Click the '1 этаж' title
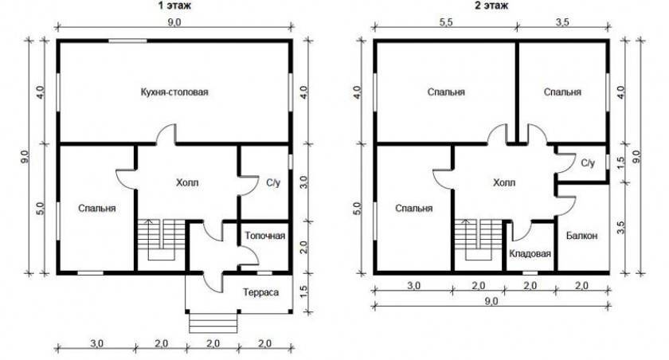point(174,5)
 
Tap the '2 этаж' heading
point(492,5)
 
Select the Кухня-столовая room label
point(174,92)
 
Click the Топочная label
point(265,236)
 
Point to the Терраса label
point(260,292)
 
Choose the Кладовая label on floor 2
point(530,254)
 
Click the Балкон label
point(582,236)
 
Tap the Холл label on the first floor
point(187,182)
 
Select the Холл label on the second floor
point(504,182)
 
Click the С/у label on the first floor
point(273,183)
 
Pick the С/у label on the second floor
point(588,163)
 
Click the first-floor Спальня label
point(97,208)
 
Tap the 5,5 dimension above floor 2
point(445,23)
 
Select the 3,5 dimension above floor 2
point(562,23)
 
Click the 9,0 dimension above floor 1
point(174,23)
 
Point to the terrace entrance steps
point(213,323)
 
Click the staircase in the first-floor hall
point(161,240)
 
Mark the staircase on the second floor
point(478,240)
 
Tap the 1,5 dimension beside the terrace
point(303,292)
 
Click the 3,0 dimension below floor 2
point(413,285)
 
